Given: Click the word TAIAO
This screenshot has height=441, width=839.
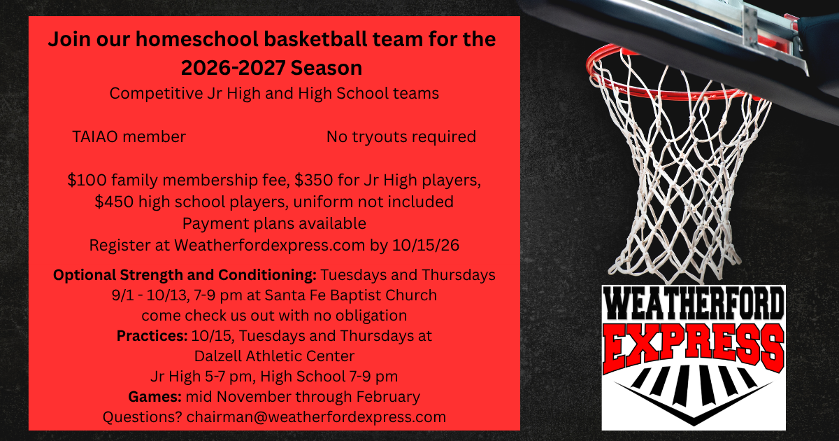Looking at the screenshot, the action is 95,137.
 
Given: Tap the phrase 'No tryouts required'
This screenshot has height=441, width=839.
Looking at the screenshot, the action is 401,137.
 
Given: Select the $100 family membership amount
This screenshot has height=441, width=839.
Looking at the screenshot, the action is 87,180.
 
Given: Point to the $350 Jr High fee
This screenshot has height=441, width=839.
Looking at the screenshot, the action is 314,180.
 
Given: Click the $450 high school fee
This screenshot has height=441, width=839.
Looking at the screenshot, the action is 114,202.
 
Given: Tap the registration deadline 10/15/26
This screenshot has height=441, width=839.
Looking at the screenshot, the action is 426,245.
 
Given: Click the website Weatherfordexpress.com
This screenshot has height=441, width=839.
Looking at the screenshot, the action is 270,245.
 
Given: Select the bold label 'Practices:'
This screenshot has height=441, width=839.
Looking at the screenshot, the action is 152,335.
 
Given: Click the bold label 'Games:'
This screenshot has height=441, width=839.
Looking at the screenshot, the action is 155,397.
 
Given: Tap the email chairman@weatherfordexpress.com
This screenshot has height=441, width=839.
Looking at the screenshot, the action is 316,417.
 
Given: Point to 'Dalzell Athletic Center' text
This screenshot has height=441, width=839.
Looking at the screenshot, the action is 275,356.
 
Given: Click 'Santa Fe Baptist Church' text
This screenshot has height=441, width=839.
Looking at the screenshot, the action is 350,295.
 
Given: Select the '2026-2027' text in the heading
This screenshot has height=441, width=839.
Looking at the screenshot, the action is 233,68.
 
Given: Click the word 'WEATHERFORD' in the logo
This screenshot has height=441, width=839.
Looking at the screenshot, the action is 694,303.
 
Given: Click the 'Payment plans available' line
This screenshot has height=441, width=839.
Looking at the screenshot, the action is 274,223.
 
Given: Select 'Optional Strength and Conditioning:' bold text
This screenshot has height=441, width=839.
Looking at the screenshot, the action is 185,275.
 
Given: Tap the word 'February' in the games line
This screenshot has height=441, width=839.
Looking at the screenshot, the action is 388,397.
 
